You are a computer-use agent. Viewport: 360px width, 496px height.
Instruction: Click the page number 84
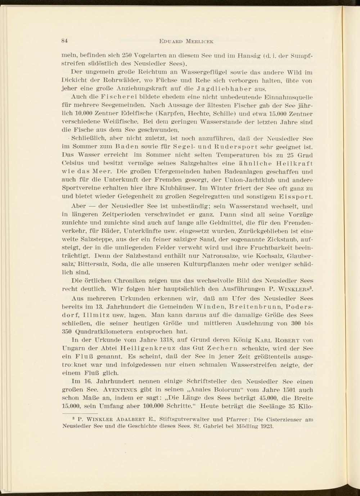65,41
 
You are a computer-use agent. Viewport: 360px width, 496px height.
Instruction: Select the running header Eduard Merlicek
186,41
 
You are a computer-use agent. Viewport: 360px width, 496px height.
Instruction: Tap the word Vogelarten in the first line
149,56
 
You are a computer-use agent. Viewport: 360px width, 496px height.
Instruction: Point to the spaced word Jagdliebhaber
224,89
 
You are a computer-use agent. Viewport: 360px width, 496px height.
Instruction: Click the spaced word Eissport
295,196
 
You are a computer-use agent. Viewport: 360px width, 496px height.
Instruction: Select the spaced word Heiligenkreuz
153,348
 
